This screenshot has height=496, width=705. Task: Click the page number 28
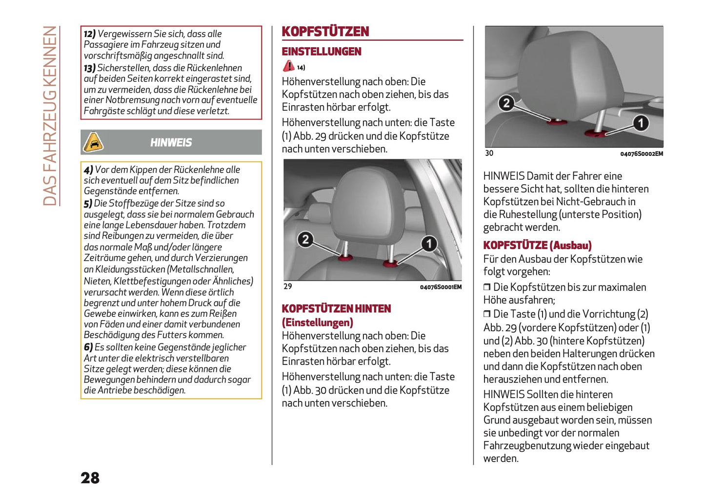click(x=90, y=478)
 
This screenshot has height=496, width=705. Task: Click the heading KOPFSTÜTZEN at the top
click(x=325, y=32)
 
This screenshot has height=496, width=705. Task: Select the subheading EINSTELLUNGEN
click(x=322, y=52)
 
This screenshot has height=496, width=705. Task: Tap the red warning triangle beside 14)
click(x=288, y=66)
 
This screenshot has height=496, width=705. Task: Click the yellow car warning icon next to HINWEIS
click(x=93, y=142)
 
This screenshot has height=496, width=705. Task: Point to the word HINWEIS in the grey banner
click(x=171, y=143)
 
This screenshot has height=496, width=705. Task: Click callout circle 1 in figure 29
click(x=429, y=243)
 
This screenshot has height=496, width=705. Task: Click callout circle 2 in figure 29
click(x=305, y=239)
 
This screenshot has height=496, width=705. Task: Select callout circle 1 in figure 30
click(x=641, y=123)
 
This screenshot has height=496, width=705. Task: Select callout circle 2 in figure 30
click(x=506, y=103)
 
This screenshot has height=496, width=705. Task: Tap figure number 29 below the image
click(x=288, y=286)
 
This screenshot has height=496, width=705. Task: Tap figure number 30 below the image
click(x=489, y=153)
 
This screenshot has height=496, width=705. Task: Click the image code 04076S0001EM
click(x=441, y=287)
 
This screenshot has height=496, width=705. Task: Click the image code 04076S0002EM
click(x=642, y=154)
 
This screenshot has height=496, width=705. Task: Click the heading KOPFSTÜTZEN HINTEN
click(x=336, y=309)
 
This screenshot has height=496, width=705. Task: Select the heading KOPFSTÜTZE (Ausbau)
click(x=537, y=246)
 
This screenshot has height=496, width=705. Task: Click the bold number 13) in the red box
click(x=89, y=68)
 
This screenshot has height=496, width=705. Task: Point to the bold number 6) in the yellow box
click(x=88, y=347)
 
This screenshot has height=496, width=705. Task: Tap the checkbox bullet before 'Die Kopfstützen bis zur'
click(x=486, y=287)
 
